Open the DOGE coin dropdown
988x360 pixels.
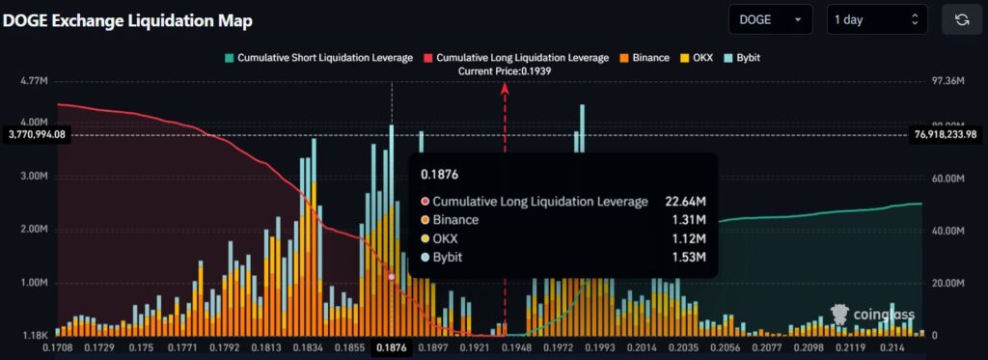pos(771,19)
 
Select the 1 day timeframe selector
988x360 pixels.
pos(876,19)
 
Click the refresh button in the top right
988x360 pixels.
pos(961,19)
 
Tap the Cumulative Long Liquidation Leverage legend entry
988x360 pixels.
pos(519,58)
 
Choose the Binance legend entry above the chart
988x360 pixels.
pos(645,58)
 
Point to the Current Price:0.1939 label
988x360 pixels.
pos(505,71)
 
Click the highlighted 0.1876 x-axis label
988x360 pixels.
pos(391,347)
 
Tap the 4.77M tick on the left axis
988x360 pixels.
pos(33,81)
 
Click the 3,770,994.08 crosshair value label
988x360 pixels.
pos(37,135)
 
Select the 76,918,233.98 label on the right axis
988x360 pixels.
pos(947,135)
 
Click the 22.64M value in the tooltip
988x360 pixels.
pos(685,202)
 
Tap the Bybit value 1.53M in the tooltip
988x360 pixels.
pos(688,258)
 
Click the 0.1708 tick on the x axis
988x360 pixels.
pos(59,347)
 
